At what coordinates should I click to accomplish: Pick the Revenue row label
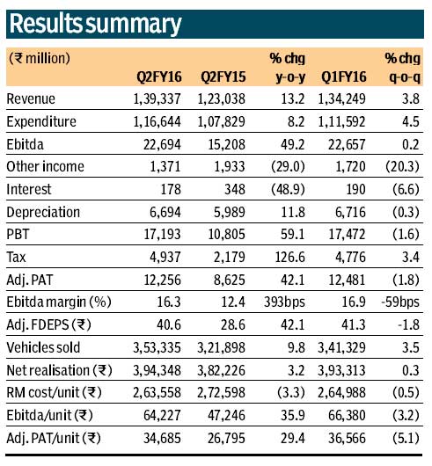(31, 99)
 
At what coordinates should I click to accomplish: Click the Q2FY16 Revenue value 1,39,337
(156, 99)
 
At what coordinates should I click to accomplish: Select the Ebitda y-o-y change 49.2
(281, 143)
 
